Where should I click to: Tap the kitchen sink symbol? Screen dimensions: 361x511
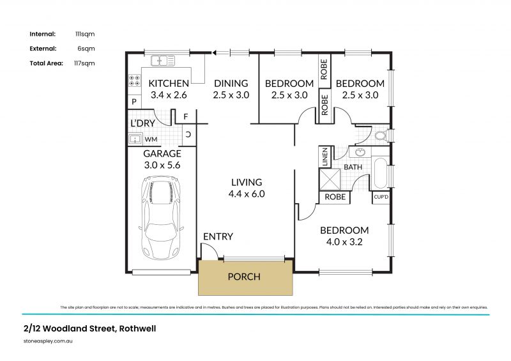[163, 61]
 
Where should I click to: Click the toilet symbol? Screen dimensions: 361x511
[382, 135]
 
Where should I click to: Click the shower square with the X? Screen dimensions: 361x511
[330, 180]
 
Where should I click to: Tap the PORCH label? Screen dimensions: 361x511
[244, 277]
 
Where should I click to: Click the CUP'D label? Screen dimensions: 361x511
[381, 197]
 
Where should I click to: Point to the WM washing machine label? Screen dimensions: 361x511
[151, 139]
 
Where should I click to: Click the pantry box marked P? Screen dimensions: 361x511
[134, 102]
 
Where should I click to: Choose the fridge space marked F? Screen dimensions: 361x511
[185, 117]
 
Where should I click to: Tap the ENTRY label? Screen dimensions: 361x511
[218, 236]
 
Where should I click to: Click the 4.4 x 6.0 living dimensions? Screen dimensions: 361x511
[247, 194]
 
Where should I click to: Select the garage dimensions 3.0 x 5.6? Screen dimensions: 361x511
[162, 165]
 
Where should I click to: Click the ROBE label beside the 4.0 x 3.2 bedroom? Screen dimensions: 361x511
[335, 197]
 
